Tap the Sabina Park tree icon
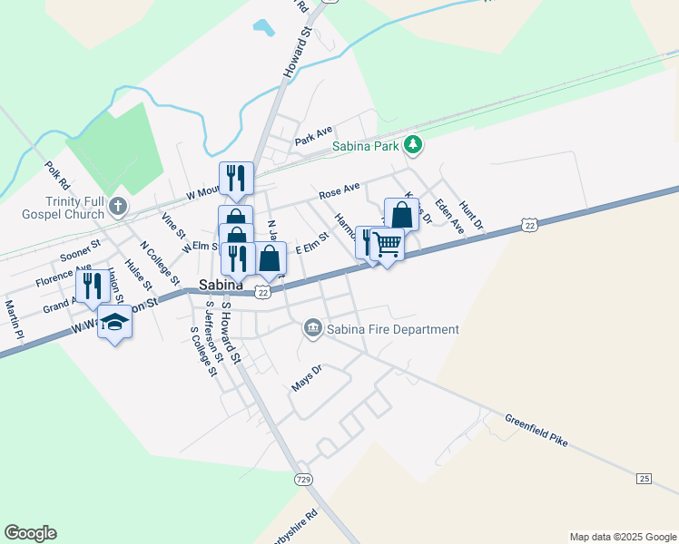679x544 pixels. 413,144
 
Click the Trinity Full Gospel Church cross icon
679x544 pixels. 116,208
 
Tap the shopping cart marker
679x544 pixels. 388,243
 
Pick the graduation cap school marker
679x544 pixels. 114,322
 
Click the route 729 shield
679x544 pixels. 303,477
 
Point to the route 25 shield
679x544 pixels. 645,478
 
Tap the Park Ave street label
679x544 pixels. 313,137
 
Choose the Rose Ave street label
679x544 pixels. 339,190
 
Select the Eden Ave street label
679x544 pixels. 449,217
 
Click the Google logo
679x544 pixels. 31,533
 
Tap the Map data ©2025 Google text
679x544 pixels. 622,537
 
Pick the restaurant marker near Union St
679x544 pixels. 92,287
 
